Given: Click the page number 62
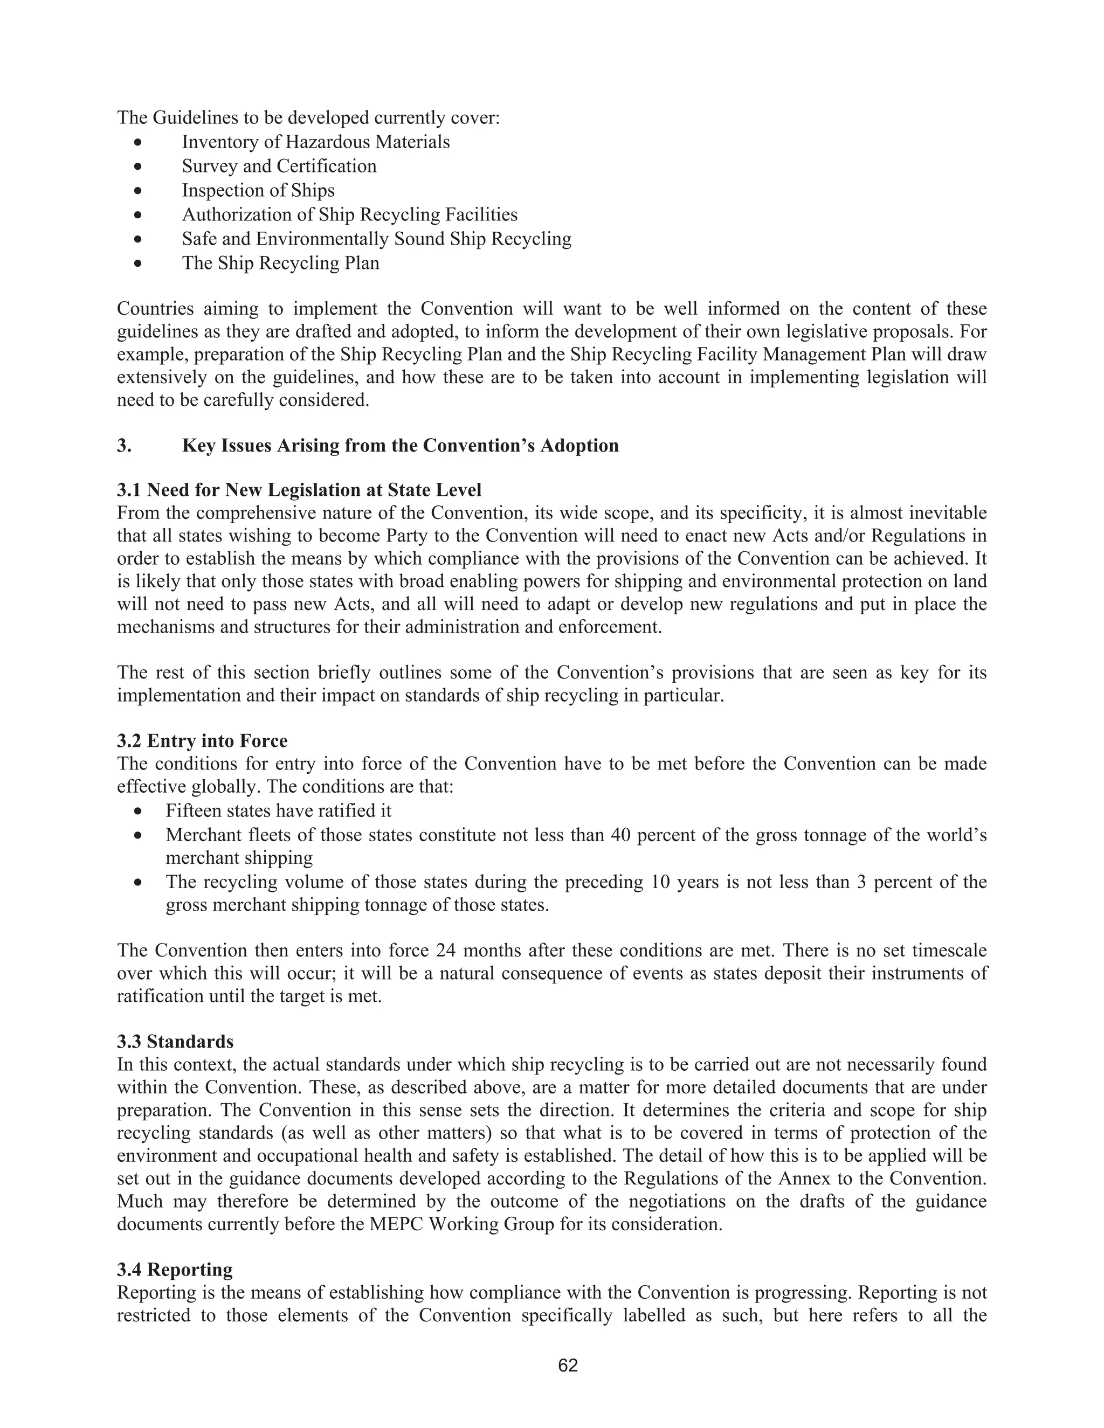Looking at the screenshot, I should tap(568, 1365).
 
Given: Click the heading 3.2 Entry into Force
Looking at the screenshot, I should tap(202, 741).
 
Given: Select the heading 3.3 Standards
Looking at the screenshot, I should tap(175, 1041).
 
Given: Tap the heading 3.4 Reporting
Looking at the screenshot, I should tap(175, 1269).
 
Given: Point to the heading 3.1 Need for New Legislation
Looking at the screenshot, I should tap(299, 490).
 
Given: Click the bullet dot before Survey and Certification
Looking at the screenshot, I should tap(137, 167).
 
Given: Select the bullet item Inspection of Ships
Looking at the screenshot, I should tap(258, 190).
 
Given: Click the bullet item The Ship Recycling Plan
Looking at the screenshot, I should tap(280, 263).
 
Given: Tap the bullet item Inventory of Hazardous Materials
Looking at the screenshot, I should tap(315, 142).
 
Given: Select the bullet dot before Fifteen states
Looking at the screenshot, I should tap(137, 812).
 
